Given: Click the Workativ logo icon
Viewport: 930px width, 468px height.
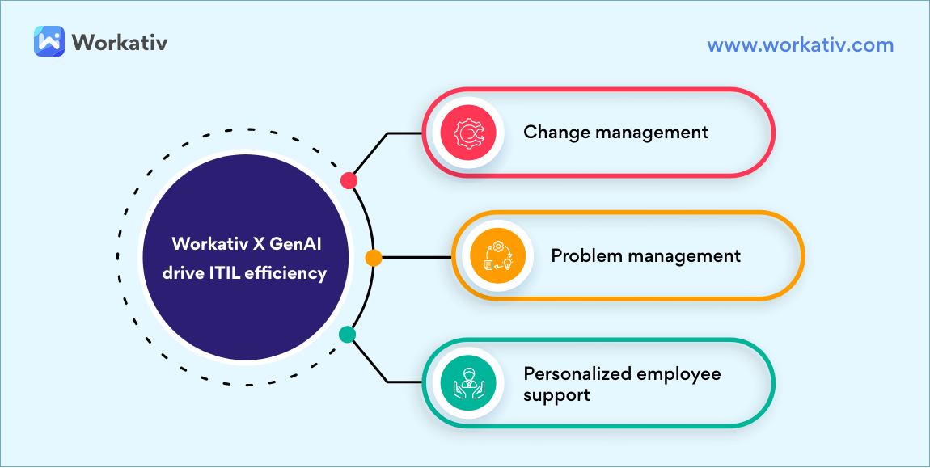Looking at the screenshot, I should pyautogui.click(x=49, y=40).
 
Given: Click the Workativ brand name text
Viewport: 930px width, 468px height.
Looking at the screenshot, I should pyautogui.click(x=120, y=41).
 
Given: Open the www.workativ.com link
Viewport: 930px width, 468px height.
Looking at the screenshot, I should pyautogui.click(x=800, y=44).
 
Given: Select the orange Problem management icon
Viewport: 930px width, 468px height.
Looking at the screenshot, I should pyautogui.click(x=497, y=256).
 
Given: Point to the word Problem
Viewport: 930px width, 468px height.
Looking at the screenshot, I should pyautogui.click(x=582, y=256).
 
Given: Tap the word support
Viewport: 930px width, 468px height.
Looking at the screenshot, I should pyautogui.click(x=556, y=395).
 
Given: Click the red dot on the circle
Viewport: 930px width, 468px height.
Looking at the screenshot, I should pyautogui.click(x=349, y=180).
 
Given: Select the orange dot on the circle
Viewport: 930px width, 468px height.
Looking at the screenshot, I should pyautogui.click(x=373, y=258).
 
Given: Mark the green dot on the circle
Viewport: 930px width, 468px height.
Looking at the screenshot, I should pyautogui.click(x=347, y=334).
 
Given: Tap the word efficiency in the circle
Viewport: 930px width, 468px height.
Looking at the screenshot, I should pyautogui.click(x=294, y=273).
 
